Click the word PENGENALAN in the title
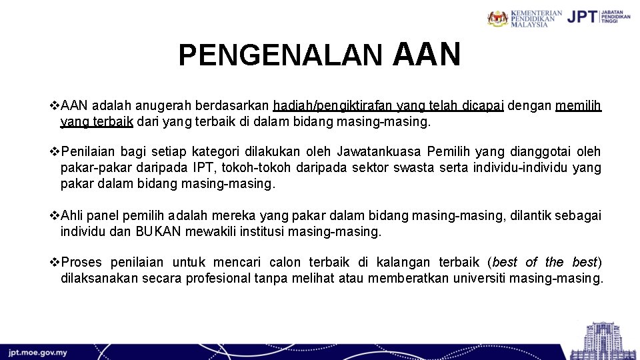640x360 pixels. (x=280, y=56)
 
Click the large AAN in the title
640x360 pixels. (x=427, y=54)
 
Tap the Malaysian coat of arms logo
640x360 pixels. (x=498, y=18)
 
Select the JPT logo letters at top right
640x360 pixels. (x=581, y=17)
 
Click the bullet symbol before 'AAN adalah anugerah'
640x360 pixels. (x=55, y=105)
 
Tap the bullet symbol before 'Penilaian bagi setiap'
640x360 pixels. (x=55, y=152)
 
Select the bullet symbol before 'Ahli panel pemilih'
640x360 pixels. (x=55, y=215)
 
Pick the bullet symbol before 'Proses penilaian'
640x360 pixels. (x=55, y=262)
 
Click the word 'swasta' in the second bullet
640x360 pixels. (x=417, y=168)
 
